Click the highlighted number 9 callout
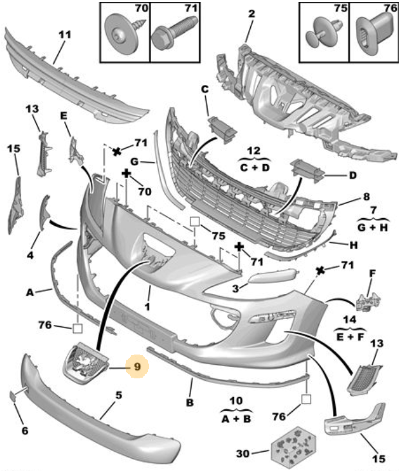(x=137, y=367)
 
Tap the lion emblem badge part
(x=86, y=364)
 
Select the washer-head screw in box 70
(x=123, y=33)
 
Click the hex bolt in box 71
(x=174, y=32)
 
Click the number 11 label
(x=64, y=35)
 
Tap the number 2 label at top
(x=251, y=14)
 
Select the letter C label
(x=205, y=89)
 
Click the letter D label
(x=353, y=175)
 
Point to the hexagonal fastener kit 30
(x=293, y=447)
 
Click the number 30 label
(x=242, y=453)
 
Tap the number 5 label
(x=119, y=395)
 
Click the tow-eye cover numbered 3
(x=273, y=276)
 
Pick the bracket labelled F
(x=368, y=301)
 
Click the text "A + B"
(x=236, y=419)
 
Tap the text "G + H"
(x=373, y=227)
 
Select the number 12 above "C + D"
(x=254, y=151)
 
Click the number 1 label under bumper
(x=147, y=307)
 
